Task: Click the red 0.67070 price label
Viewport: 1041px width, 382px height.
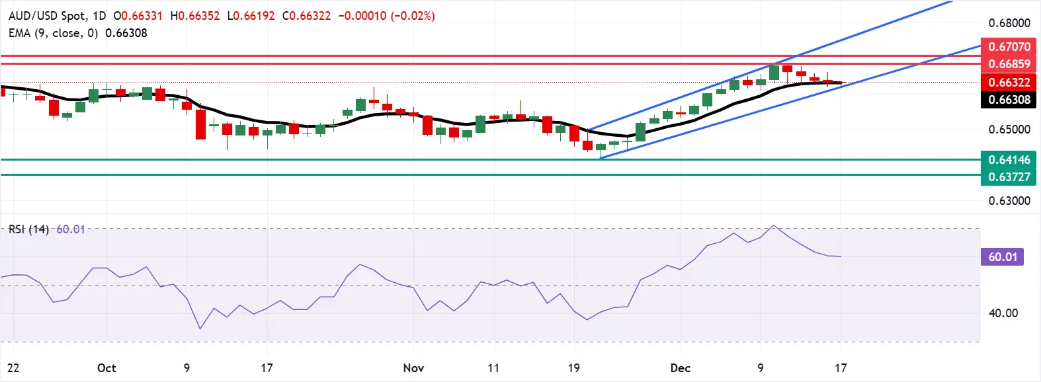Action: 1009,47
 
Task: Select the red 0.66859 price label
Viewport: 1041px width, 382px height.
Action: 1009,64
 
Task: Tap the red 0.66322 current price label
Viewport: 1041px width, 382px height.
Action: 1009,83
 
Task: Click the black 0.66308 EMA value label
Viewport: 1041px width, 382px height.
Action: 1009,100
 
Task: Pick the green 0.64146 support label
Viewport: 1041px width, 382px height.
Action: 1009,160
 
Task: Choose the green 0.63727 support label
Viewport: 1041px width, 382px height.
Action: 1009,177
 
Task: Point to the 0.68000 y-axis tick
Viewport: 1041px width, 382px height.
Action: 1009,23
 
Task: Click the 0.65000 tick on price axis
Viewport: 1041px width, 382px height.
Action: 1009,130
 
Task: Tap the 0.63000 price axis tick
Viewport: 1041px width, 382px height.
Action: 1009,201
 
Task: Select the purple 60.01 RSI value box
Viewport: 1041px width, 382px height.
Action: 1002,257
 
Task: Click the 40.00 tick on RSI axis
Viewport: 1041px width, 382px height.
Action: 1003,313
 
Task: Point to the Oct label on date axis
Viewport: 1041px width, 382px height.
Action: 106,368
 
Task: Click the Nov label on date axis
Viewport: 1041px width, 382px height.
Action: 413,368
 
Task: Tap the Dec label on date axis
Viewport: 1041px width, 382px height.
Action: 680,368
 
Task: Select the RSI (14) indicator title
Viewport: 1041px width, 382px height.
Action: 28,229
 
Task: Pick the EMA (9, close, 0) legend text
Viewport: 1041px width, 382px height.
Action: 53,33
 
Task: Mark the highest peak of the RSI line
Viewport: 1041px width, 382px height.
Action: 774,226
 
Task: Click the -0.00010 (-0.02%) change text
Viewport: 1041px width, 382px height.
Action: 386,16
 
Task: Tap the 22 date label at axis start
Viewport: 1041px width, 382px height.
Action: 13,368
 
